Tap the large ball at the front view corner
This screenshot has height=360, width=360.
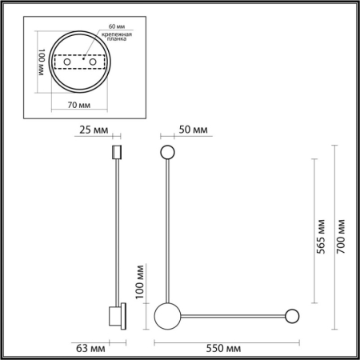(169, 314)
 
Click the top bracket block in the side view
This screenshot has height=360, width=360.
(116, 152)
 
